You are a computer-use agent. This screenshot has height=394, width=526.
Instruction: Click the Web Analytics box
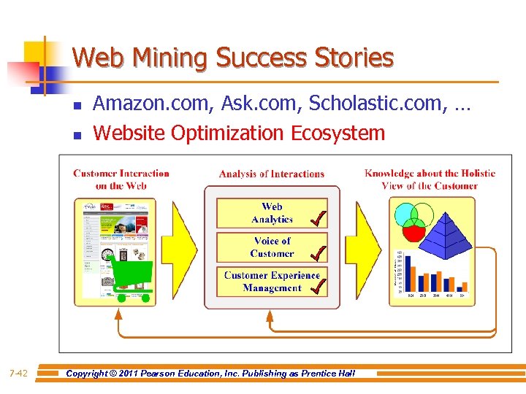coord(272,213)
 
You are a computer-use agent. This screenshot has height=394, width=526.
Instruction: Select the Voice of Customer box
coord(272,247)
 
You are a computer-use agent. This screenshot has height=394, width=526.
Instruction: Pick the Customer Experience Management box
coord(272,282)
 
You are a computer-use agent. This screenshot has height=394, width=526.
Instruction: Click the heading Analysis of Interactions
coord(272,174)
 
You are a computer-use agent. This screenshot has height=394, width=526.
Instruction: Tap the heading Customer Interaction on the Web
coord(121,179)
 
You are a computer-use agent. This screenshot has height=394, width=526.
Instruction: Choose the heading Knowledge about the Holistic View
coord(430,179)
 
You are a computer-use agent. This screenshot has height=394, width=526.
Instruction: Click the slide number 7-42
coord(19,374)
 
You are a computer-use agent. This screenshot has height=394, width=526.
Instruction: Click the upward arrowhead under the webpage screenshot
coord(118,314)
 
